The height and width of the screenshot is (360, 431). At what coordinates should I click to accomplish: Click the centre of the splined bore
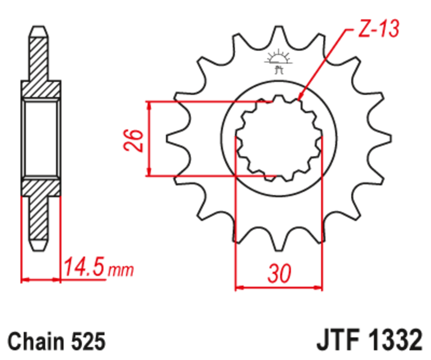(x=279, y=138)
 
